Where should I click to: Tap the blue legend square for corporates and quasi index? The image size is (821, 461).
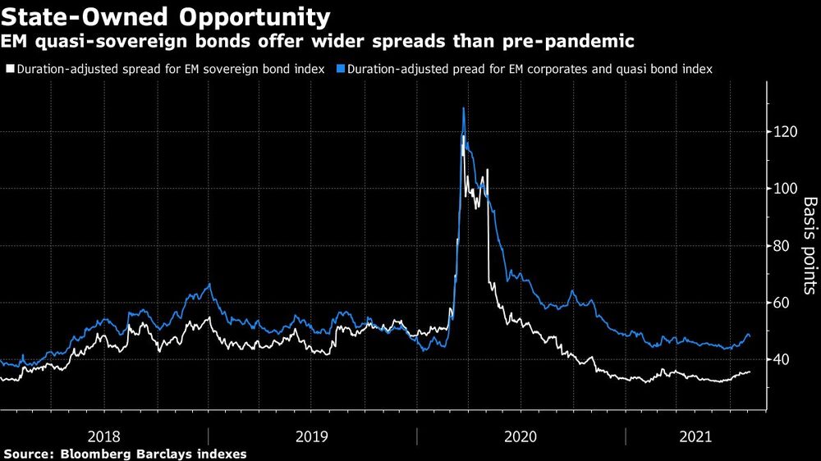click(x=340, y=70)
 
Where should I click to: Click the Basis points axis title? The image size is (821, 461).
click(x=808, y=245)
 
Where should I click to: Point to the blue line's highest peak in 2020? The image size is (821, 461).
click(x=464, y=107)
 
